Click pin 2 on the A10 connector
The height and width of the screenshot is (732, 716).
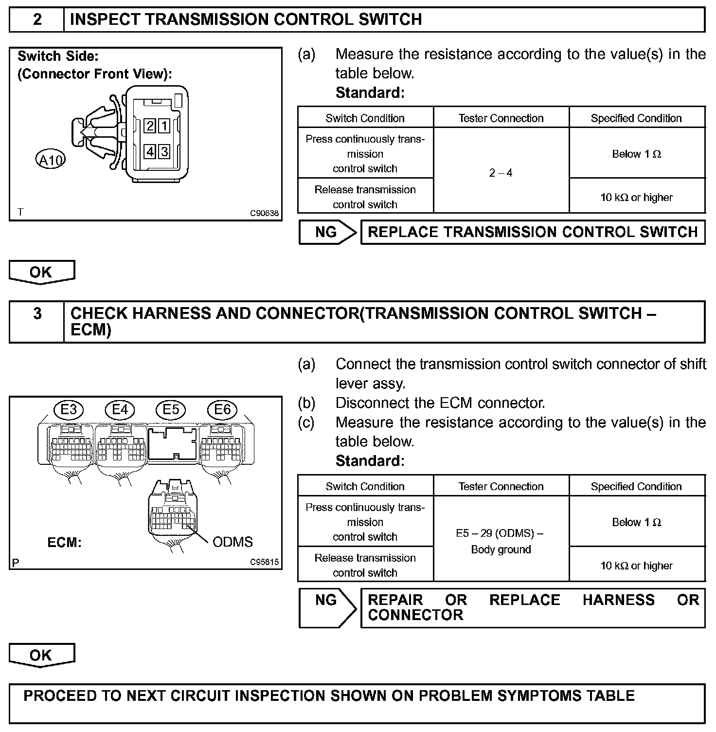[x=150, y=126]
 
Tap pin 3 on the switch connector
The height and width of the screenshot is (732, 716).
[x=165, y=152]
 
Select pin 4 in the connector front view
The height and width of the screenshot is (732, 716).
[x=150, y=152]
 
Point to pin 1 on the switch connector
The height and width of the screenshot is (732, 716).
[x=165, y=126]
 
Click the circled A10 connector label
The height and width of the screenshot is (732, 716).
[x=51, y=160]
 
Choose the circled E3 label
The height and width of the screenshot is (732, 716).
[x=68, y=410]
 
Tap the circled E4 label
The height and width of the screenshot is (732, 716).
[x=120, y=410]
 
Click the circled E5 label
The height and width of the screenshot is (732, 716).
[x=171, y=410]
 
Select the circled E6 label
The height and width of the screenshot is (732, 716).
[x=222, y=410]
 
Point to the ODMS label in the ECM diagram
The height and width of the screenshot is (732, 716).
[x=233, y=542]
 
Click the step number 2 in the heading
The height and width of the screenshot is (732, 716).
[x=37, y=19]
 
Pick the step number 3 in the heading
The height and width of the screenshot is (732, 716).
[x=37, y=313]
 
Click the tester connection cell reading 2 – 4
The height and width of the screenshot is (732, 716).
[x=501, y=173]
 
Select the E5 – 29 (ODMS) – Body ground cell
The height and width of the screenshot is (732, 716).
[x=501, y=541]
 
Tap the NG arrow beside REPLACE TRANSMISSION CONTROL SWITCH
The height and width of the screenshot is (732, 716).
[x=327, y=232]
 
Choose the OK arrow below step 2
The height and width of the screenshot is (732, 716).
[x=41, y=272]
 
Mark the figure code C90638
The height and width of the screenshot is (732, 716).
[x=265, y=213]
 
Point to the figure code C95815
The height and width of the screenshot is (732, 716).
[x=265, y=562]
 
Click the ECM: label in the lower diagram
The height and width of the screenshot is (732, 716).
[x=64, y=542]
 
